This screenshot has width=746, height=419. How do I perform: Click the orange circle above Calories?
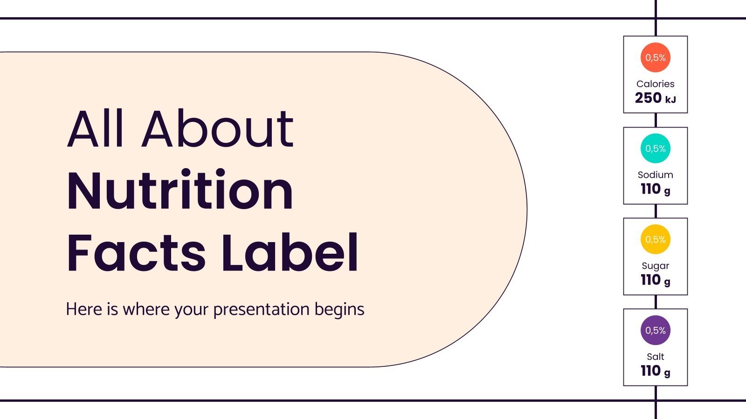click(x=655, y=58)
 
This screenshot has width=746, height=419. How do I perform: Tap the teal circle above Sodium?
click(x=655, y=149)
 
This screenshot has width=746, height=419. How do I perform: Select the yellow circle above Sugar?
click(x=655, y=239)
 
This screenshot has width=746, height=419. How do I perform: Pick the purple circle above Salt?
click(x=655, y=330)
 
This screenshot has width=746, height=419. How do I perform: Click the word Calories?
click(x=655, y=84)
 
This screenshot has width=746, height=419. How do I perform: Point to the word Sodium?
click(x=655, y=175)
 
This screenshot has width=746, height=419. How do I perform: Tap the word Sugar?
click(x=655, y=266)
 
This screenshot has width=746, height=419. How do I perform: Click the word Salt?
click(x=655, y=357)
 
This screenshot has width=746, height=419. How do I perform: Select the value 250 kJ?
click(x=655, y=98)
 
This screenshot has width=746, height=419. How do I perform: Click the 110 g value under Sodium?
click(x=655, y=189)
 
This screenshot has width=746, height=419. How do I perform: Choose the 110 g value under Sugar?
click(x=655, y=280)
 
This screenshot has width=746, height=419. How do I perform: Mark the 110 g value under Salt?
click(x=655, y=371)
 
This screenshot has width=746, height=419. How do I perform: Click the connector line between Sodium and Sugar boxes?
click(x=656, y=211)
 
